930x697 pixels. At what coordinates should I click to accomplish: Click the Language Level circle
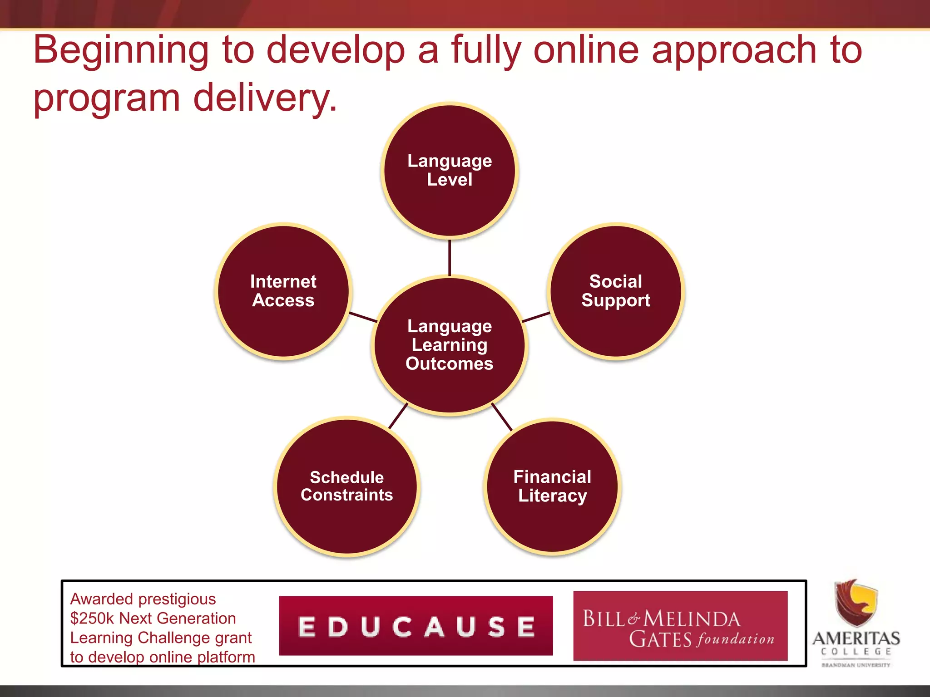point(450,170)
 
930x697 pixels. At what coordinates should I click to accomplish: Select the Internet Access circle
point(283,291)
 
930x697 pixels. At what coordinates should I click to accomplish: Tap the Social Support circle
point(616,291)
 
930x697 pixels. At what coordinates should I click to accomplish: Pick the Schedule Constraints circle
point(347,486)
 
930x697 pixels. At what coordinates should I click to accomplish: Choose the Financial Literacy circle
point(552,486)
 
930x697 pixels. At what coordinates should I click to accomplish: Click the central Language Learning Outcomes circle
point(450,345)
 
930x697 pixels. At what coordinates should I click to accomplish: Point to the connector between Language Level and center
point(450,257)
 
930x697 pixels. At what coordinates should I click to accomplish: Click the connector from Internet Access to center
point(363,317)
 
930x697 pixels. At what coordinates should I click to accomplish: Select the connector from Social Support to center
point(536,317)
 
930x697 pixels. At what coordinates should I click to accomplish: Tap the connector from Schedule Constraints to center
point(398,416)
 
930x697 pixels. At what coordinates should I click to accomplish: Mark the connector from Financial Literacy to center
point(502,417)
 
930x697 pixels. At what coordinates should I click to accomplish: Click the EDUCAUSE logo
point(416,626)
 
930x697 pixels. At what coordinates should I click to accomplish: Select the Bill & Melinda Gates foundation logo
point(680,626)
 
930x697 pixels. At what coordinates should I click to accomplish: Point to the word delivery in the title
point(265,98)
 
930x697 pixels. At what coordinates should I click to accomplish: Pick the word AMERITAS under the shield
point(856,638)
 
